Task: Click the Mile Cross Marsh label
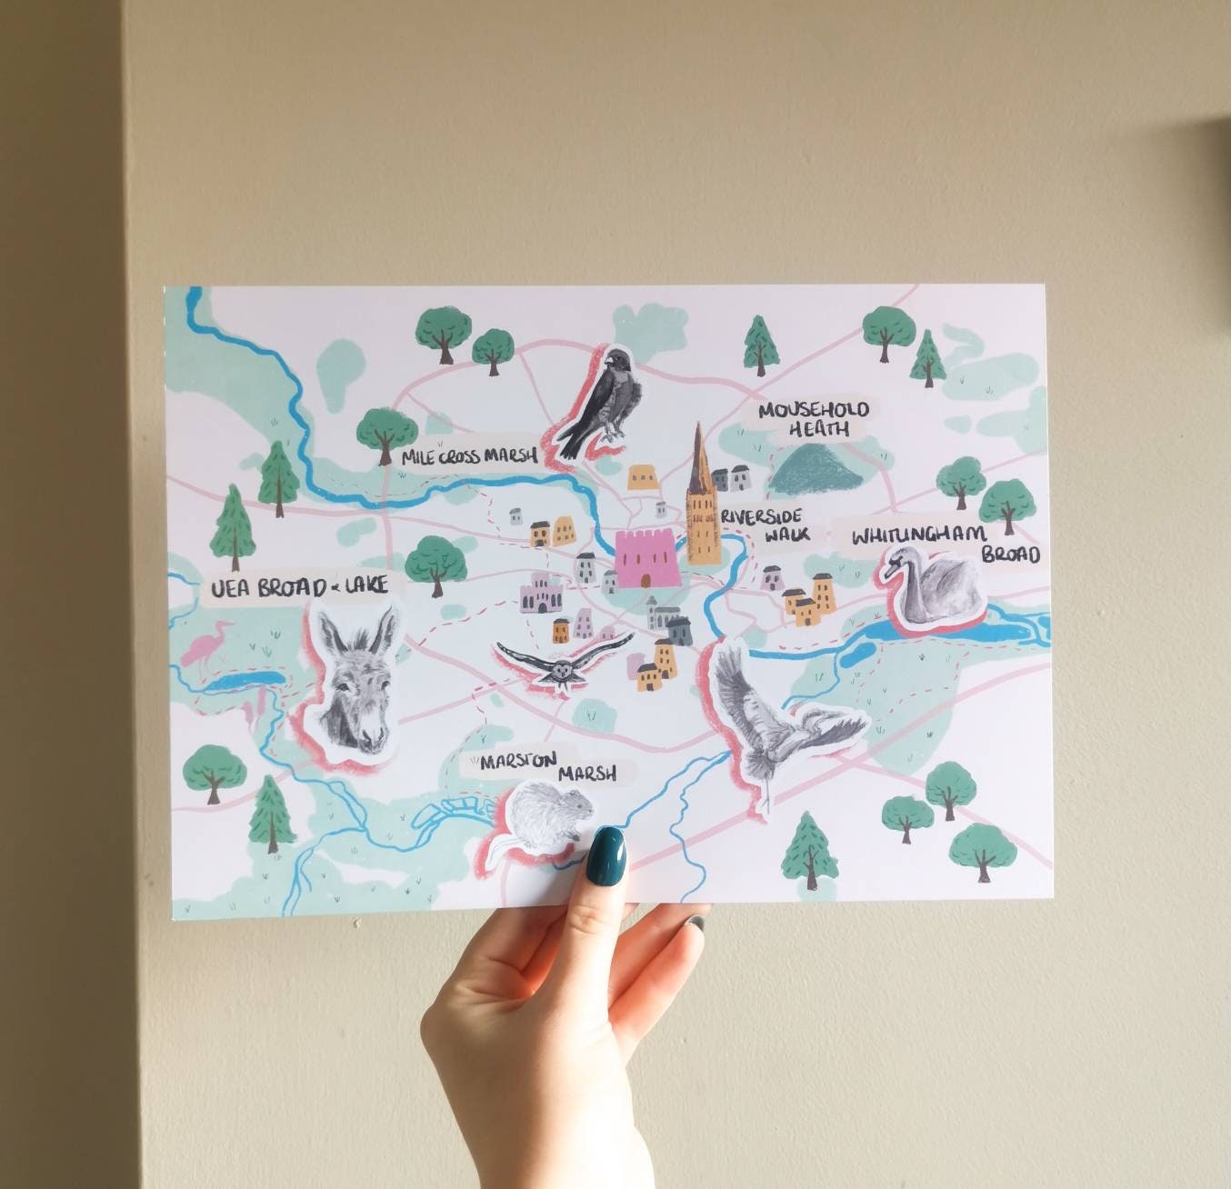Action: (x=470, y=457)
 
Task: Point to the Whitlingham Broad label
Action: (x=946, y=544)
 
